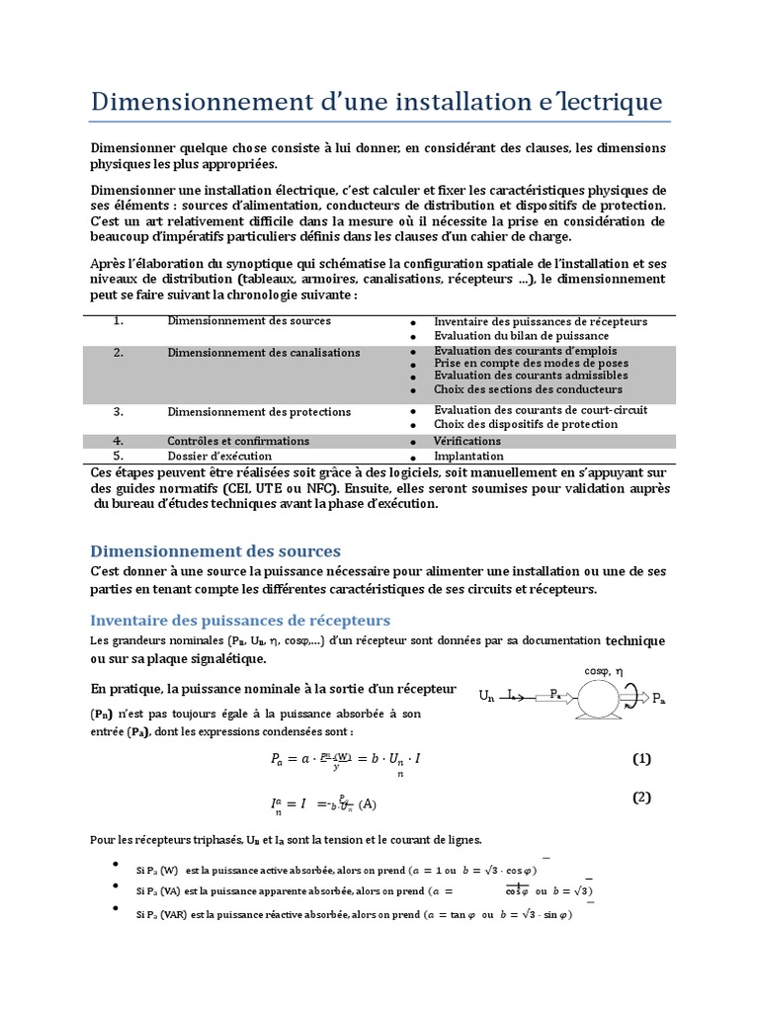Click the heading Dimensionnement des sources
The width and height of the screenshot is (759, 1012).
pyautogui.click(x=215, y=550)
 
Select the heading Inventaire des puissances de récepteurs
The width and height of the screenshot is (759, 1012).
pyautogui.click(x=240, y=620)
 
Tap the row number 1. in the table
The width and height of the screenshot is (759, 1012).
pyautogui.click(x=117, y=321)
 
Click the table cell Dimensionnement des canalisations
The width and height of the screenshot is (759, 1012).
pyautogui.click(x=264, y=352)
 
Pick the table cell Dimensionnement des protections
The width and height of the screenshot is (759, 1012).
pyautogui.click(x=259, y=411)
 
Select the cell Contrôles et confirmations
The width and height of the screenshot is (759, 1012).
pyautogui.click(x=238, y=441)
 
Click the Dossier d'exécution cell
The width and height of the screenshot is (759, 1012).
pyautogui.click(x=219, y=457)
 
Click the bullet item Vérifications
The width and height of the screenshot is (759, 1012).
pyautogui.click(x=467, y=441)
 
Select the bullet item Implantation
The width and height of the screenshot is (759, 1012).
pyautogui.click(x=469, y=457)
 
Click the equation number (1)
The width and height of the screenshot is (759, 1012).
pyautogui.click(x=642, y=759)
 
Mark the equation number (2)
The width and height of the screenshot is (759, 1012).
pyautogui.click(x=642, y=798)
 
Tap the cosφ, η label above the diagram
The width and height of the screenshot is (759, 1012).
pyautogui.click(x=604, y=670)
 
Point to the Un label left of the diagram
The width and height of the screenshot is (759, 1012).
pyautogui.click(x=486, y=696)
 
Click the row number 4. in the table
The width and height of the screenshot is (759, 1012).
pyautogui.click(x=117, y=441)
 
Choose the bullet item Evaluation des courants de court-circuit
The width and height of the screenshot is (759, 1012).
pyautogui.click(x=540, y=410)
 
